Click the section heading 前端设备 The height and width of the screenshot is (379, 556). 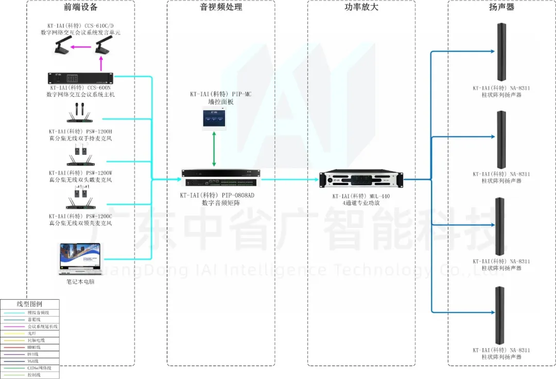pyautogui.click(x=81, y=7)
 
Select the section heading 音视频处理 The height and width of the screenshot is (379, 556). pyautogui.click(x=221, y=7)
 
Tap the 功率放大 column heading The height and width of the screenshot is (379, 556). pyautogui.click(x=361, y=7)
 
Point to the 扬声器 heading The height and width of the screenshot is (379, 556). pyautogui.click(x=501, y=7)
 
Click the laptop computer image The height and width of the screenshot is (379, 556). pyautogui.click(x=81, y=259)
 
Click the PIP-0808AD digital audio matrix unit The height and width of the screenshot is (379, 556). pyautogui.click(x=221, y=179)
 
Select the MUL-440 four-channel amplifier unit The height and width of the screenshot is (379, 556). pyautogui.click(x=361, y=179)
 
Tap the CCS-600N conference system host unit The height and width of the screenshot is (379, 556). pyautogui.click(x=81, y=79)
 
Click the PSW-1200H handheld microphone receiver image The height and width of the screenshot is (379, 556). pyautogui.click(x=81, y=114)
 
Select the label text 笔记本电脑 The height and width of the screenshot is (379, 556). pyautogui.click(x=81, y=282)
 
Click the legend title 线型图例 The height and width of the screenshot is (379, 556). pyautogui.click(x=30, y=304)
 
